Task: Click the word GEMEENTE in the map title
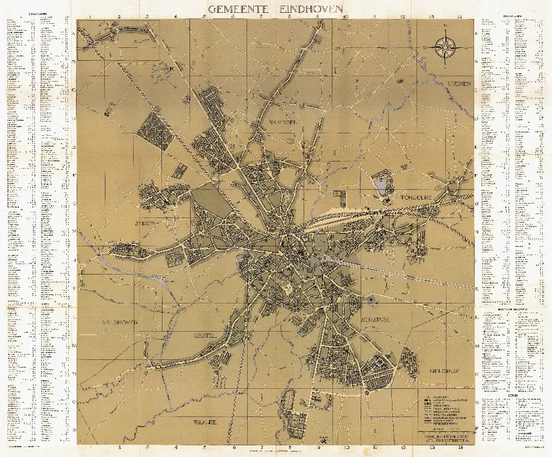(x=236, y=9)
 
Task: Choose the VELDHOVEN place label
(x=120, y=322)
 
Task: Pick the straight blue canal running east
(x=399, y=273)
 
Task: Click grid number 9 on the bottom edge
(x=318, y=447)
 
